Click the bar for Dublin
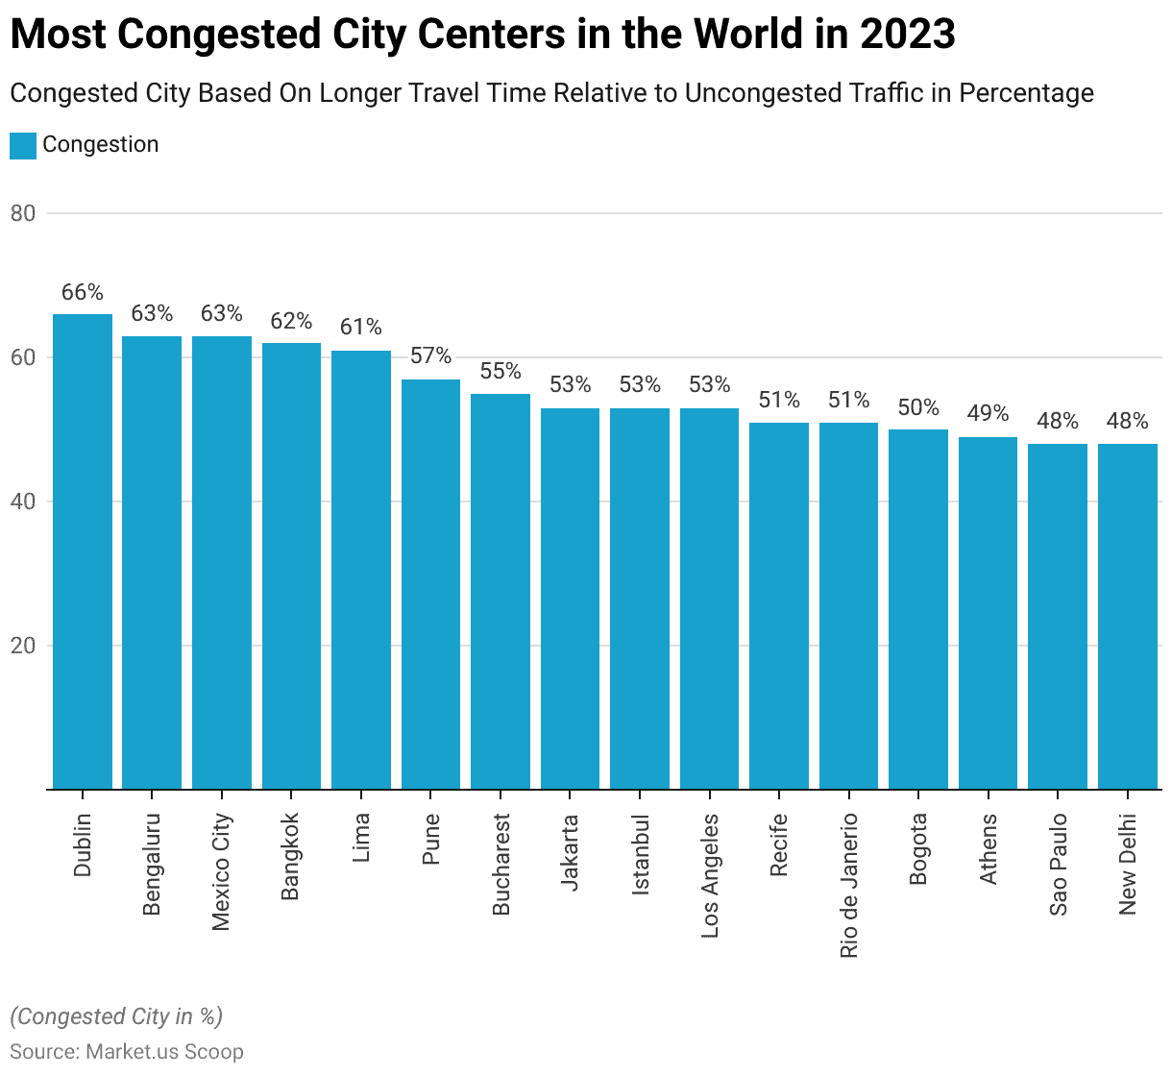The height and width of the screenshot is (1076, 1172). tap(83, 551)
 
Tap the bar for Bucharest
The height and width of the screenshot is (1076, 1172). tap(501, 592)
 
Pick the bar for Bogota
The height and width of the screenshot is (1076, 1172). tap(918, 609)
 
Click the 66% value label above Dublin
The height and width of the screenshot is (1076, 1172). tap(83, 292)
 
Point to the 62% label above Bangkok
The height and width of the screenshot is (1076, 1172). tap(291, 321)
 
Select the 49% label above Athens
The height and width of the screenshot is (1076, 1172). tap(988, 413)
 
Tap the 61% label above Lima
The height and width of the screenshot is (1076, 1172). tap(361, 328)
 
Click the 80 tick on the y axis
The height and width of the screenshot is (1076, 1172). tap(23, 213)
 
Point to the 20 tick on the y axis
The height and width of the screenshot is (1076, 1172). tap(23, 646)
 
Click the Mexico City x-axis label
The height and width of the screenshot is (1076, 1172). tap(222, 871)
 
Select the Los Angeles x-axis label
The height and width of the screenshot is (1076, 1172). tap(710, 875)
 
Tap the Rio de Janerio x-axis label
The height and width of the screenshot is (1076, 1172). tap(849, 885)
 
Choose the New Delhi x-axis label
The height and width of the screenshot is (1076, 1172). tap(1128, 864)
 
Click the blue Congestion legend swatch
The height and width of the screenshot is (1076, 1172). tap(23, 145)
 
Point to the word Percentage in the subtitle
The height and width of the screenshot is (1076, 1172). tap(1026, 93)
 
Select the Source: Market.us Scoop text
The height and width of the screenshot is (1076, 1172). tap(127, 1051)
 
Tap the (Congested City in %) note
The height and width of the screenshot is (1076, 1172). tap(116, 1016)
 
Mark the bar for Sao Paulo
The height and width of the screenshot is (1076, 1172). tap(1058, 616)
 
